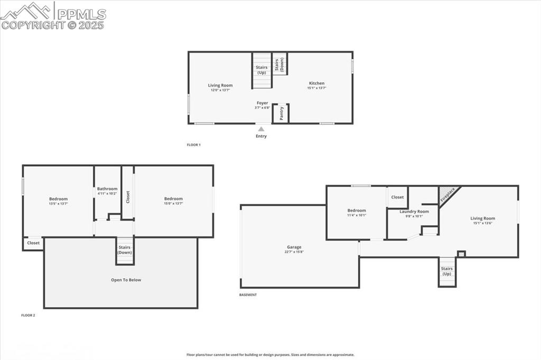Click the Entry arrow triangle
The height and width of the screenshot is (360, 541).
(x=261, y=128)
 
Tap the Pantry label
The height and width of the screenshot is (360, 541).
(x=282, y=112)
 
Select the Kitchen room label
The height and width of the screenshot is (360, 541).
(x=316, y=83)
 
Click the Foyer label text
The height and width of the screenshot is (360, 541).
(x=263, y=103)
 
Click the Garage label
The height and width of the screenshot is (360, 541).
(x=294, y=247)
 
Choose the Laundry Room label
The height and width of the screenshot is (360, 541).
(x=414, y=211)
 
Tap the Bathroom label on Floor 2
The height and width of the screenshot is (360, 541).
(x=107, y=188)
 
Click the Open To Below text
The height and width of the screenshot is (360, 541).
(x=126, y=280)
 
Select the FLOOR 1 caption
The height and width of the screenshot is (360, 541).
(x=194, y=145)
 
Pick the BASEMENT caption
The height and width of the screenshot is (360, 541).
(x=248, y=295)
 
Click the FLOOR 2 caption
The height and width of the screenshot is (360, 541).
(x=28, y=315)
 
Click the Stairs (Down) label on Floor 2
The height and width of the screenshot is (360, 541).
(x=125, y=250)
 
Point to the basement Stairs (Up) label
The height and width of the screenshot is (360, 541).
(x=447, y=271)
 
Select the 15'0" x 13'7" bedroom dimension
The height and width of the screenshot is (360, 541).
(x=173, y=204)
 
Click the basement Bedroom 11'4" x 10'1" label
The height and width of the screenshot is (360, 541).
(x=357, y=213)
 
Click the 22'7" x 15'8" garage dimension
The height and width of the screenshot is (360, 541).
(x=294, y=252)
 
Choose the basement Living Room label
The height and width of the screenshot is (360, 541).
(x=483, y=218)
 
